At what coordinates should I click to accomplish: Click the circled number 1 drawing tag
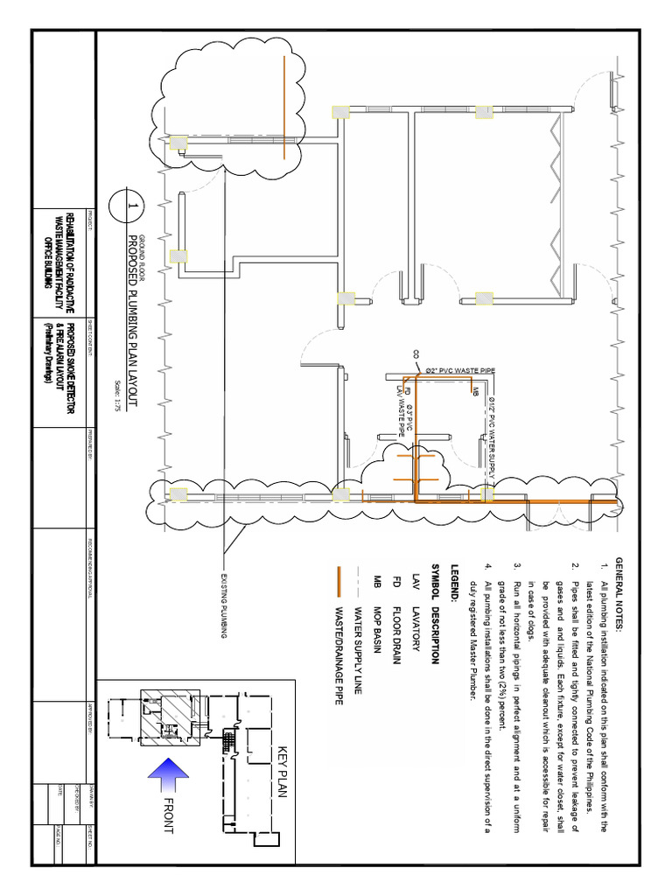[125, 207]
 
